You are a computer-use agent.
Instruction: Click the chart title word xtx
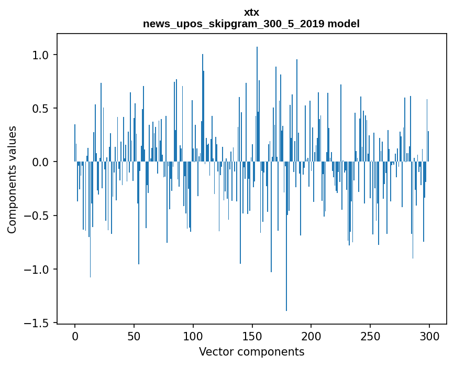(x=251, y=12)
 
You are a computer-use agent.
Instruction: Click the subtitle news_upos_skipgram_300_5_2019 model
(x=251, y=24)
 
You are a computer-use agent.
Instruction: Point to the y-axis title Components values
(x=12, y=179)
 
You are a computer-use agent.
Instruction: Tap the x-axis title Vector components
(x=251, y=352)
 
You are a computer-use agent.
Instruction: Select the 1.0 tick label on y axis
(x=40, y=55)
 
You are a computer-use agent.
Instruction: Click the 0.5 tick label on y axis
(x=40, y=109)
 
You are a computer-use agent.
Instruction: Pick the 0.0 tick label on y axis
(x=40, y=162)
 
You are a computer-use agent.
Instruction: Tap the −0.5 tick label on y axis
(x=36, y=216)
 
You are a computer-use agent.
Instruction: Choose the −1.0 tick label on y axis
(x=36, y=270)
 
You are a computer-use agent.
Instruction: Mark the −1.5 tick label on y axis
(x=36, y=323)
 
